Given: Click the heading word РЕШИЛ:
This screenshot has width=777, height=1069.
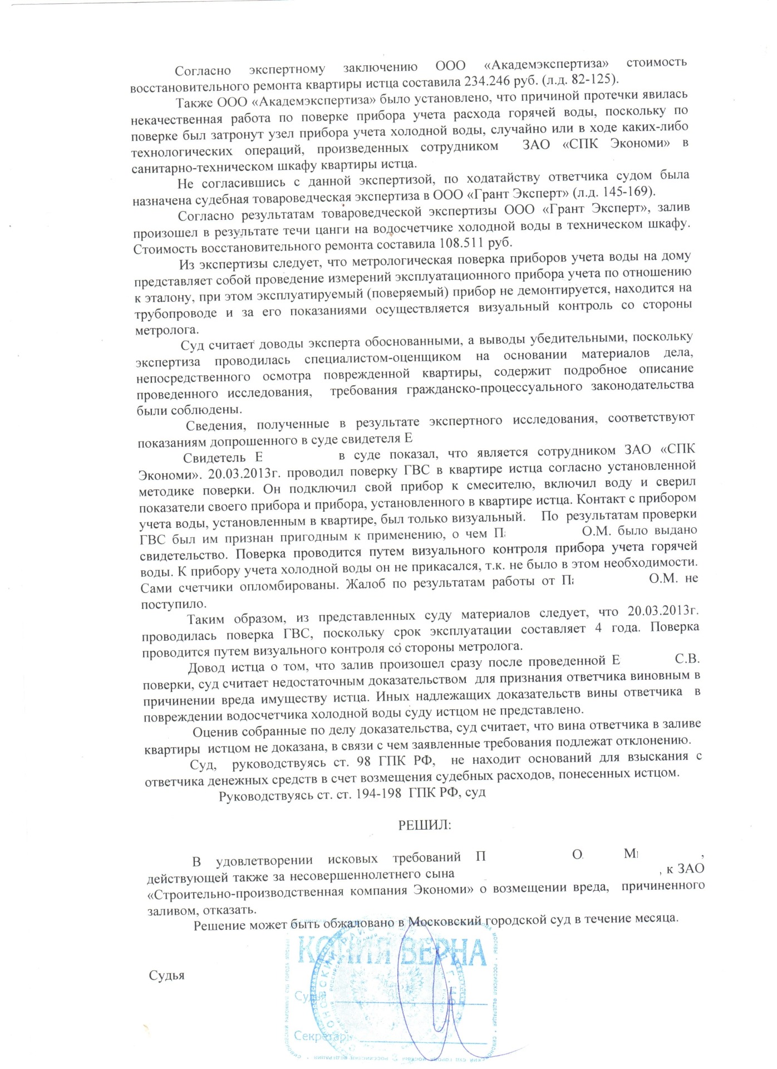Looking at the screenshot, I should (x=424, y=825).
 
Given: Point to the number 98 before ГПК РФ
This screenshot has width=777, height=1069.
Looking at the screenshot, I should (x=363, y=762).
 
